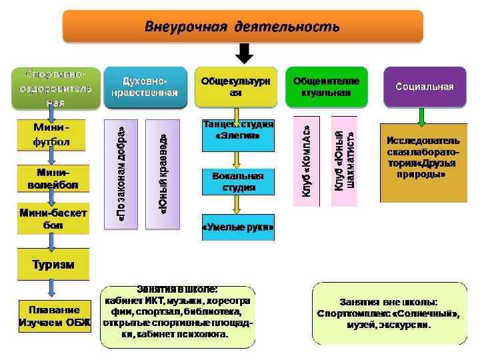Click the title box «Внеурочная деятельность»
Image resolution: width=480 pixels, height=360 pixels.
[x=243, y=27]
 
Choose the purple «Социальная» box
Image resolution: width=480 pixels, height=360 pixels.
[x=424, y=87]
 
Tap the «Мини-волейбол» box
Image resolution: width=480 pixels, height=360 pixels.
[x=51, y=179]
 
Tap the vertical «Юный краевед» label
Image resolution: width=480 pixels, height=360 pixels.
[x=163, y=172]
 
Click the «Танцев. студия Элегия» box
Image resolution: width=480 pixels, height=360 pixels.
[x=237, y=130]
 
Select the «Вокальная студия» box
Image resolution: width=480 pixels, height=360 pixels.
[x=238, y=181]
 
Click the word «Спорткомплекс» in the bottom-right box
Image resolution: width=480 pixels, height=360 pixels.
[x=351, y=313]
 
